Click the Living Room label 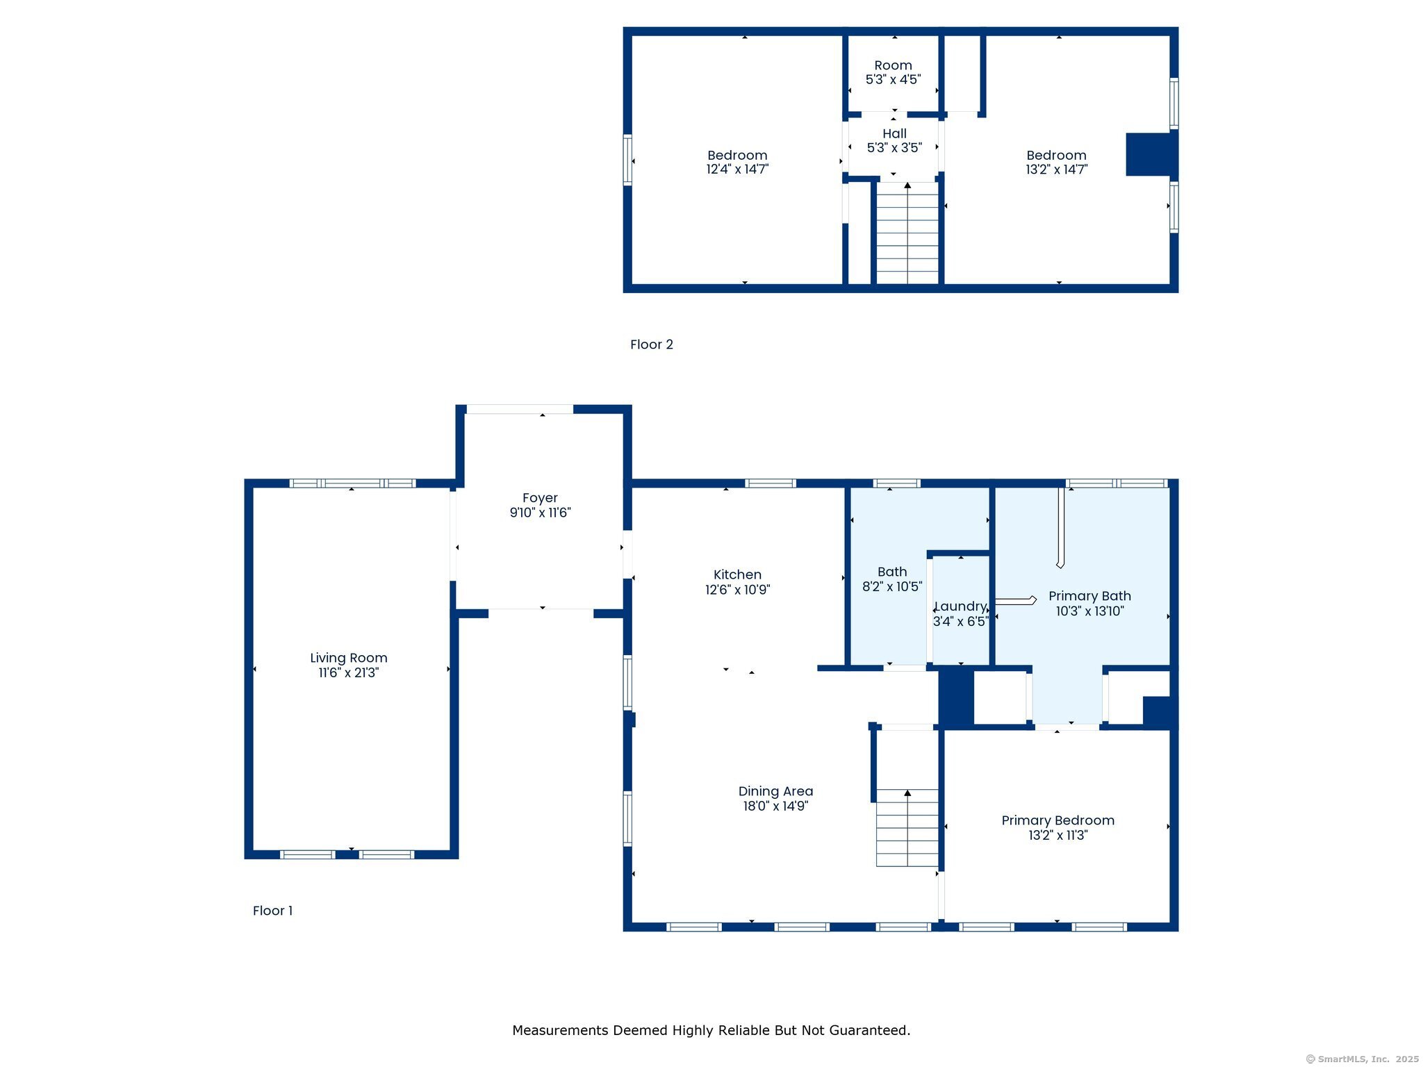(x=349, y=658)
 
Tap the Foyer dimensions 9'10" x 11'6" (x=541, y=513)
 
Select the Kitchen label (x=737, y=574)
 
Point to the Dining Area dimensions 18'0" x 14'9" (x=775, y=806)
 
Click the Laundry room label (x=961, y=606)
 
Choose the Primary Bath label (x=1089, y=596)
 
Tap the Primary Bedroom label (x=1058, y=820)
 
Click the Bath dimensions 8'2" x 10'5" (x=892, y=586)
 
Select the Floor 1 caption (x=272, y=911)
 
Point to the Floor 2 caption (x=652, y=345)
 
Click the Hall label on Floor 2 (x=894, y=133)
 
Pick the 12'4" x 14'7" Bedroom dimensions (x=737, y=169)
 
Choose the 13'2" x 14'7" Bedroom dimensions (x=1057, y=169)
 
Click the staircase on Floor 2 (x=907, y=233)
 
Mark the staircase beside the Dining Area (x=907, y=828)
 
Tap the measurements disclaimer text (x=711, y=1030)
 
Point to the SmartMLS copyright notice (x=1363, y=1059)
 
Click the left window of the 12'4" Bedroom (x=627, y=160)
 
